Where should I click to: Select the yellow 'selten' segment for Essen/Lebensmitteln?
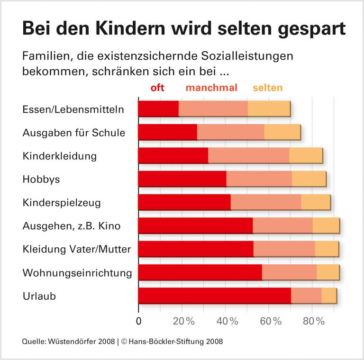269,108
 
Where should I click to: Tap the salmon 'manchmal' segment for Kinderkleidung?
248,155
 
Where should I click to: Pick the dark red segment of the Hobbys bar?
182,179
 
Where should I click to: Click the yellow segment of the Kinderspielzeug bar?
315,202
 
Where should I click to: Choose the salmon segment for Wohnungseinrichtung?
289,272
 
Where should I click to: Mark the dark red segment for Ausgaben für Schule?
167,132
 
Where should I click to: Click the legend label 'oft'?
157,88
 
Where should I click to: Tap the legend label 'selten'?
267,88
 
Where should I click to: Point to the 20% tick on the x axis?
184,321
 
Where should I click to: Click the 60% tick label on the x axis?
271,321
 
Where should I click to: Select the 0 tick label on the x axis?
138,321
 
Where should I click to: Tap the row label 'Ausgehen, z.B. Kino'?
71,226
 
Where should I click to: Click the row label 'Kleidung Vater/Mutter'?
76,249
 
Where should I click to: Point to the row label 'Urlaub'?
39,296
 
